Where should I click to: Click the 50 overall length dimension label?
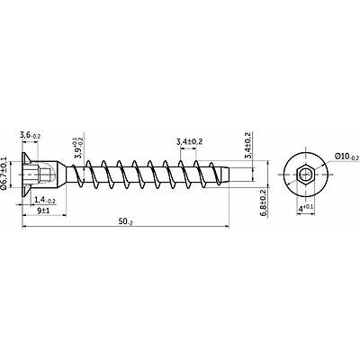click(x=125, y=222)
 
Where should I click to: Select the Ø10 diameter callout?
click(x=346, y=157)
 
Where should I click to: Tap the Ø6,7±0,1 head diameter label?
click(x=4, y=173)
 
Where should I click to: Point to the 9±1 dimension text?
click(x=43, y=211)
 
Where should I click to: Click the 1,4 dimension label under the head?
click(x=45, y=200)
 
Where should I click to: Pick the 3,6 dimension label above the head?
click(x=30, y=135)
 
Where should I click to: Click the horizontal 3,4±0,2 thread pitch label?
click(x=189, y=141)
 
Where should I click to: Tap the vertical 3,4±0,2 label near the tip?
click(x=247, y=145)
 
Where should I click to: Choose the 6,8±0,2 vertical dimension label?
click(x=264, y=202)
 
